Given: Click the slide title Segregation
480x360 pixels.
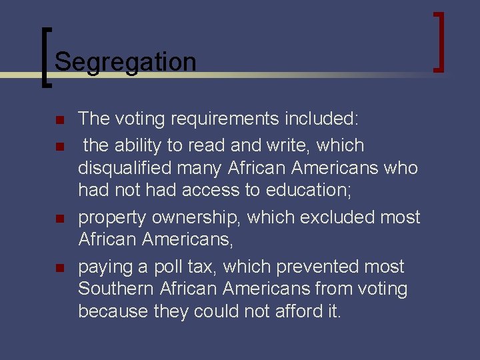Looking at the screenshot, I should pos(125,62).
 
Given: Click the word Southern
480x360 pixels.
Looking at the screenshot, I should pos(116,289).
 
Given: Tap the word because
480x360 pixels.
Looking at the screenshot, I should pos(112,311).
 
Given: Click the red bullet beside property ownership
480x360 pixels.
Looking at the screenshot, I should pos(59,219).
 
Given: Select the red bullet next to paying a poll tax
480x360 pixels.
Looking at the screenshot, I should pos(59,268).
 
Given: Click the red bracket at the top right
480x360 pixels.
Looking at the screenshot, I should pos(439,41).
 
